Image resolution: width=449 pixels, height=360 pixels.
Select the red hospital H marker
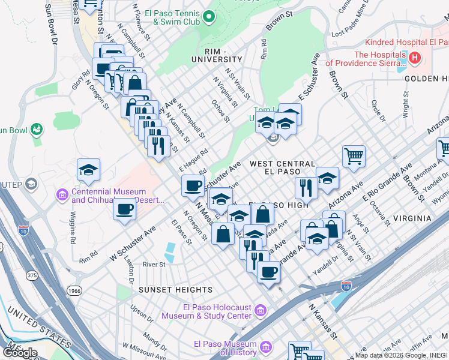pos(414,58)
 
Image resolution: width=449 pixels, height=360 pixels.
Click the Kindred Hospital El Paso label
pos(407,43)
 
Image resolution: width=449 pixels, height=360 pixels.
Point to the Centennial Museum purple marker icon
pos(62,194)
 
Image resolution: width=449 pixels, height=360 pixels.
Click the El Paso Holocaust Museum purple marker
pos(260,310)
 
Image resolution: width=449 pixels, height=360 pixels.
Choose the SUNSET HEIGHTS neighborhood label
pos(167,290)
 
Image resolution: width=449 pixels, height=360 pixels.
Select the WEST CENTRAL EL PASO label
pos(282,168)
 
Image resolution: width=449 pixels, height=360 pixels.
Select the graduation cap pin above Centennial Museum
pos(88,170)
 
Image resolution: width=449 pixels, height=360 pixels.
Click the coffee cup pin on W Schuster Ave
pos(124,209)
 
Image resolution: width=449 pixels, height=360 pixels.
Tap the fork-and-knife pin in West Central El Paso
pos(306,187)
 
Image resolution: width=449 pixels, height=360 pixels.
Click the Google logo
pos(20,352)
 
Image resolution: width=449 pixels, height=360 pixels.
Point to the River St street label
pos(154,265)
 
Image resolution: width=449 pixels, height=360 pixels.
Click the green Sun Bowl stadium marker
pos(37,128)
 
